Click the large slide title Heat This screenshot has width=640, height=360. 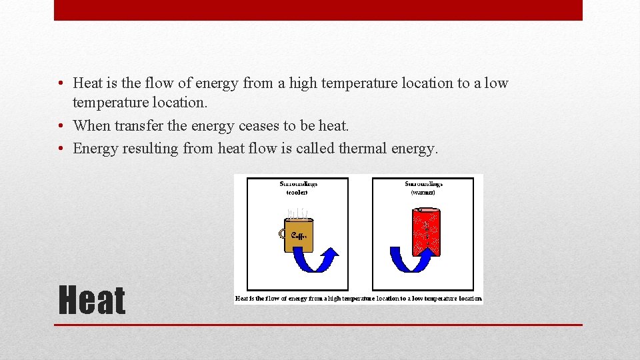tap(92, 300)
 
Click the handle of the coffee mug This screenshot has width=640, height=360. tap(281, 233)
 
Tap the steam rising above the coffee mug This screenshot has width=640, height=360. tap(298, 213)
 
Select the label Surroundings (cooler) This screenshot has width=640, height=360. tap(297, 187)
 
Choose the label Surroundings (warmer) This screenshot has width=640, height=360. tap(423, 187)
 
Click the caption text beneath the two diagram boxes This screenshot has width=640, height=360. tap(358, 298)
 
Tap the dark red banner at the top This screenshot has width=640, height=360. tap(318, 10)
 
